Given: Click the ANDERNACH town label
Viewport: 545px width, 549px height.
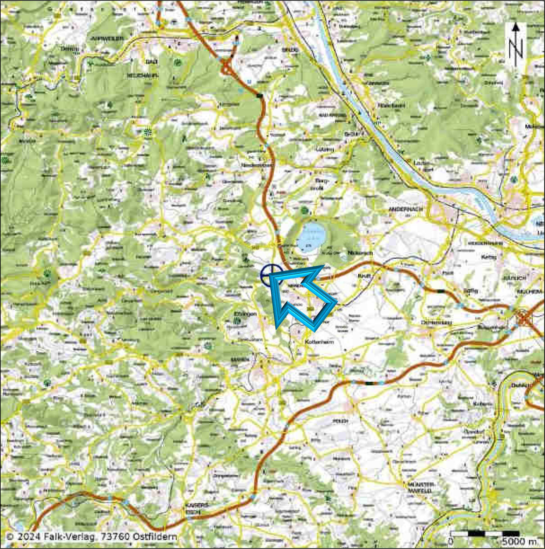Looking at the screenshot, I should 406,209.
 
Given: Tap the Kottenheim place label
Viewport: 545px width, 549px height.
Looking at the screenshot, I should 319,342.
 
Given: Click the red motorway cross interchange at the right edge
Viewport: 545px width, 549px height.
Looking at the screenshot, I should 523,319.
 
